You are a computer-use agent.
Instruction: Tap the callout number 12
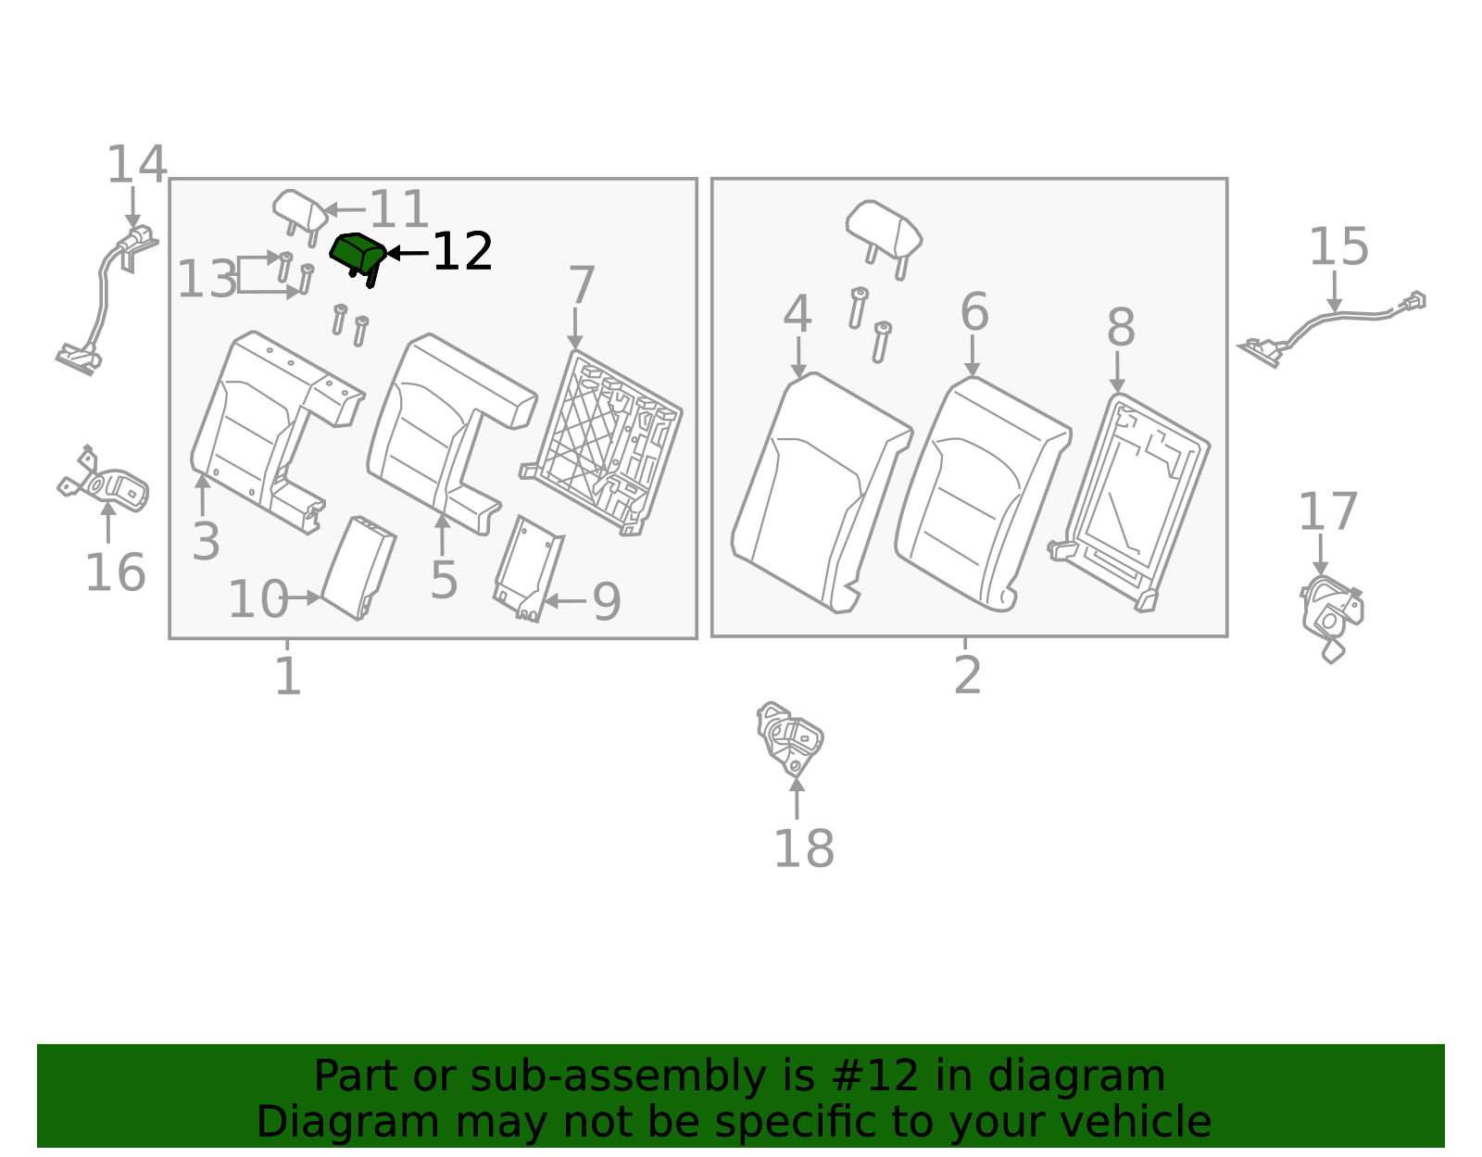462,252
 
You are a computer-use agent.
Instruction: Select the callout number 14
136,164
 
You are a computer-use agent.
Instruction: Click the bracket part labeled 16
102,478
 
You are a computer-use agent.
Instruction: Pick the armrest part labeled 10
358,568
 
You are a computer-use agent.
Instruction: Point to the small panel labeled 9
529,569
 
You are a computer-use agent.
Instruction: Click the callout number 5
444,580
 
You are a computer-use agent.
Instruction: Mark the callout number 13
207,279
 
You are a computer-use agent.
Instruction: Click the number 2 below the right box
967,675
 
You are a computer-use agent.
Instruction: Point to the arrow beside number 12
408,253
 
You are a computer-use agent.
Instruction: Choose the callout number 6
973,311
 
